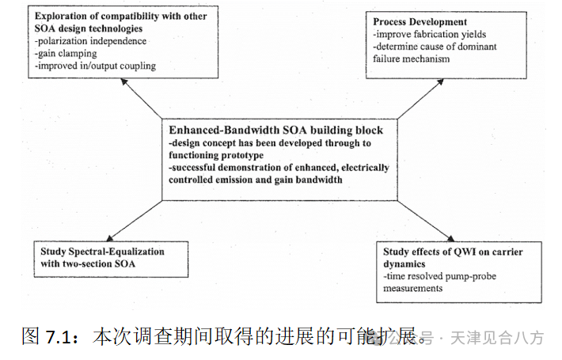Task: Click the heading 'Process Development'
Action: coord(420,21)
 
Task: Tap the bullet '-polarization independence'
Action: coord(91,40)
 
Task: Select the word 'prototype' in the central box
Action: coord(244,156)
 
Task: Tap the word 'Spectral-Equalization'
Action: coord(116,252)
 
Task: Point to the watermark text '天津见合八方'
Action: coord(498,338)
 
